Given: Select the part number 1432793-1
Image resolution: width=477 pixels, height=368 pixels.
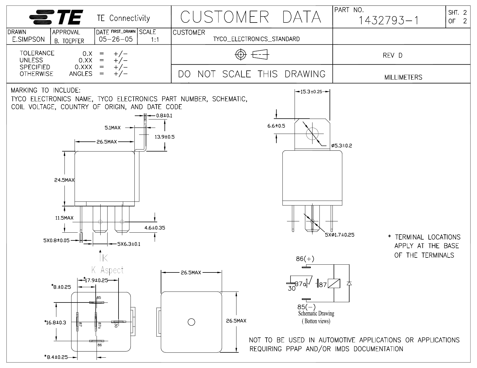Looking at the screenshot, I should [x=389, y=20].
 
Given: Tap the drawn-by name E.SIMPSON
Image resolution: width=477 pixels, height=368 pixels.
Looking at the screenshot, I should [x=28, y=40].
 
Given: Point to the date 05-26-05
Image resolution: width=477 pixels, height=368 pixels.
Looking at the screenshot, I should [x=116, y=39].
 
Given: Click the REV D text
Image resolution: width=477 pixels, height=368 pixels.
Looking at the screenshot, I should [x=392, y=55].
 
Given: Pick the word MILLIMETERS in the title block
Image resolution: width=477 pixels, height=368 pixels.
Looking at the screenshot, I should [x=403, y=77].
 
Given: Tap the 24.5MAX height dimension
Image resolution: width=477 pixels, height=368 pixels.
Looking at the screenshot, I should [x=64, y=180].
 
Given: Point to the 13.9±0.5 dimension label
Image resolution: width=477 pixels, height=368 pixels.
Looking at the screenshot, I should [x=164, y=137].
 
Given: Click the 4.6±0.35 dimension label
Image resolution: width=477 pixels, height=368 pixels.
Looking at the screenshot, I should [x=155, y=228].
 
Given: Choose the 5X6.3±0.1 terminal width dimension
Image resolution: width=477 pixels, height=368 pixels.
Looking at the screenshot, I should [x=129, y=244].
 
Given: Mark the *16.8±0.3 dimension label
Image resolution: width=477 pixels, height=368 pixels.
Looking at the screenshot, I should [x=55, y=322].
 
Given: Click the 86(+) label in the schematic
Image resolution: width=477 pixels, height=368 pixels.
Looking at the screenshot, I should [x=305, y=259].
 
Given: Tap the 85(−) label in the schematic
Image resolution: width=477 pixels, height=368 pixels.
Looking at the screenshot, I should [x=306, y=307].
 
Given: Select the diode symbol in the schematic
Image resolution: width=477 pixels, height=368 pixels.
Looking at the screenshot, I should [x=349, y=283].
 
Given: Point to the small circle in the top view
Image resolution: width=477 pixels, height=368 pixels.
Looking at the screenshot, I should [x=191, y=322].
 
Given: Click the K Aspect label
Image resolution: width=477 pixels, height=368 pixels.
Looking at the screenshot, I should [x=108, y=270].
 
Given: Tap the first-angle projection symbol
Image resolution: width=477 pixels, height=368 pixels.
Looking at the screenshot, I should [x=252, y=55].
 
